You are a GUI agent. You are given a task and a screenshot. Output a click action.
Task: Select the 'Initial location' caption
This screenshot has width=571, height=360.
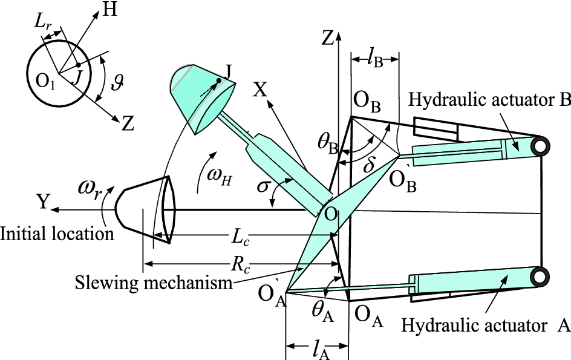pyautogui.click(x=57, y=233)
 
